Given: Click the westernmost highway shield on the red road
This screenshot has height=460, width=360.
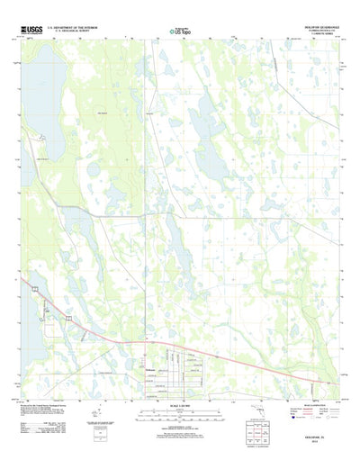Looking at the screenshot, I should (34, 288).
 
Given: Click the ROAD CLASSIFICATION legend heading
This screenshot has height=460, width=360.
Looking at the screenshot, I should (302, 401).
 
